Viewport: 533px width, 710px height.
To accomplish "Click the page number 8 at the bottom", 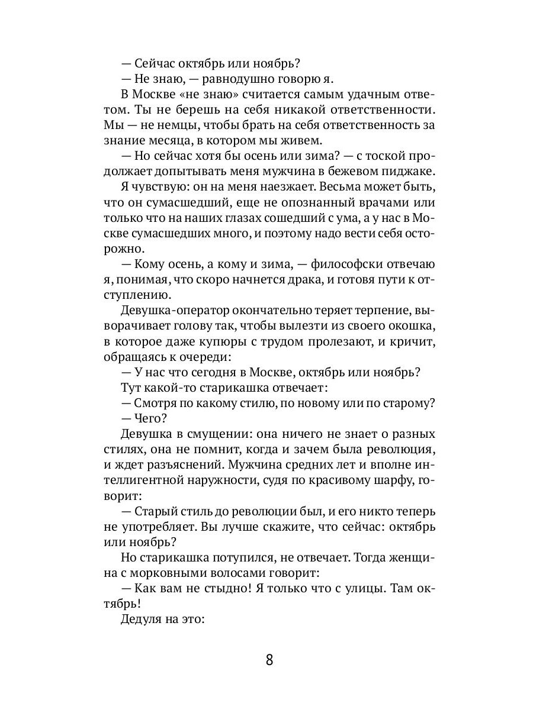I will point(269,660).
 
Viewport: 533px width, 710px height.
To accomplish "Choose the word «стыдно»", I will point(217,589).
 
